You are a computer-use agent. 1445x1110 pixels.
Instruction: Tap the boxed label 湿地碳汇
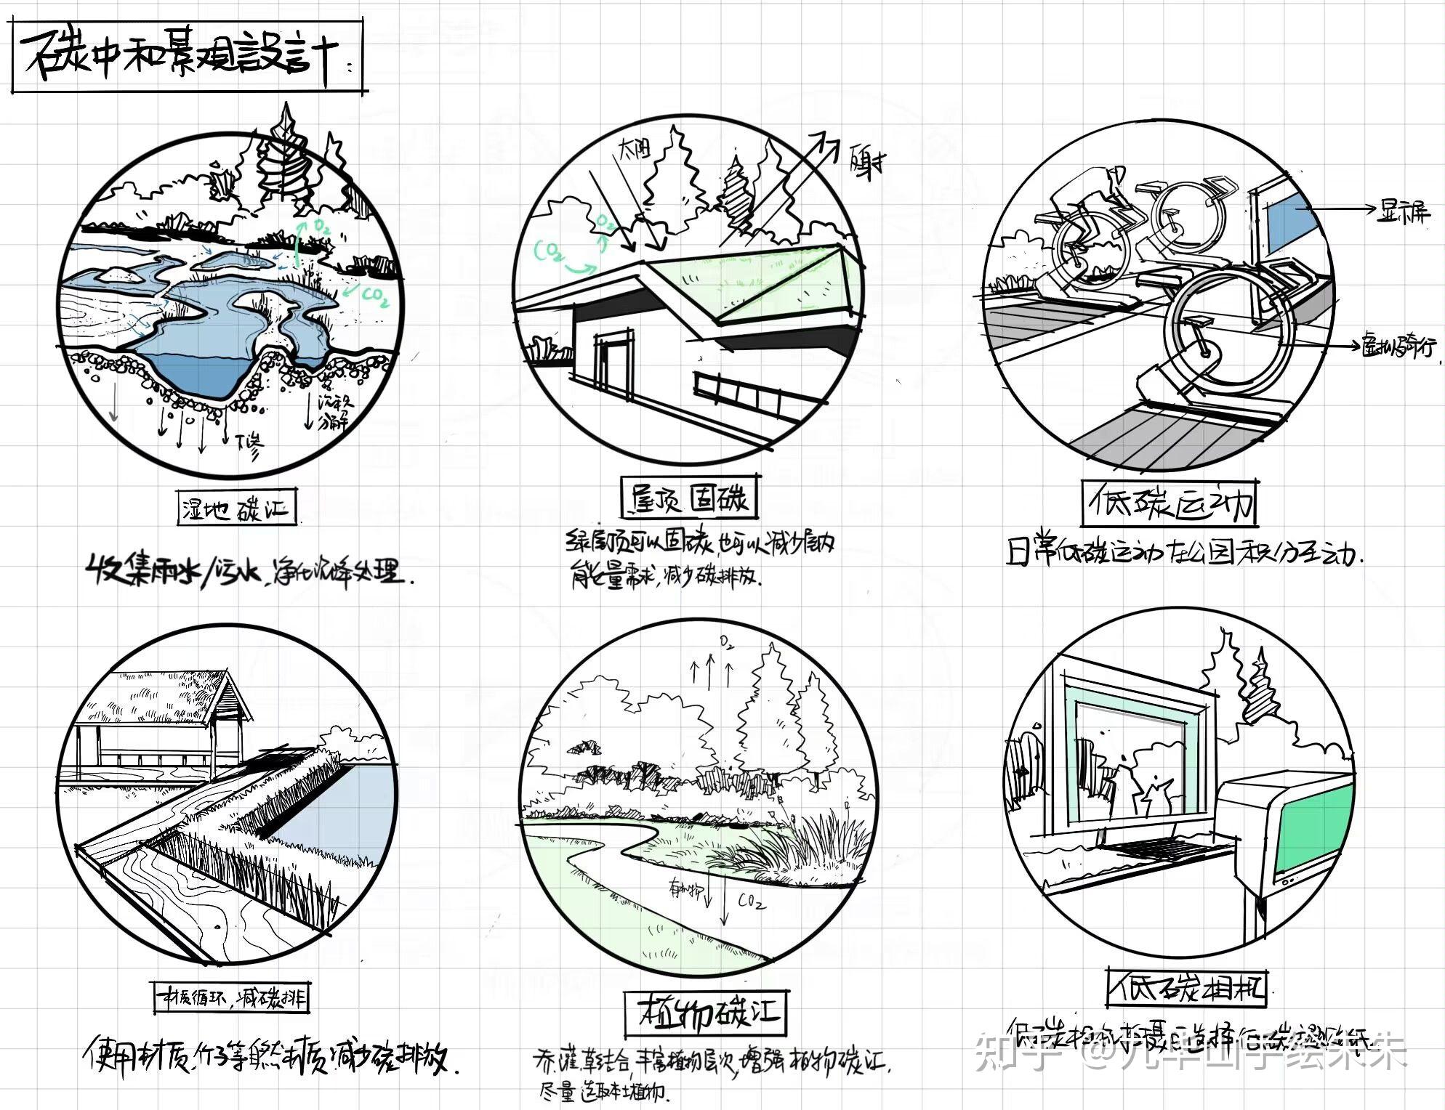tap(237, 507)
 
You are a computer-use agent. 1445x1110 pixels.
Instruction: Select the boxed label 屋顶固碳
tap(689, 498)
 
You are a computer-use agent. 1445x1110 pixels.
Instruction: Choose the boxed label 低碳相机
tap(1186, 988)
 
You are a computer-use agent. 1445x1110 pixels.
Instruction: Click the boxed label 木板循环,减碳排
tap(231, 998)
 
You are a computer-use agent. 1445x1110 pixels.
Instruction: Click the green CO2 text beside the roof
tap(550, 252)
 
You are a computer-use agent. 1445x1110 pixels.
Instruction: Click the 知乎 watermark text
tap(1013, 1053)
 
